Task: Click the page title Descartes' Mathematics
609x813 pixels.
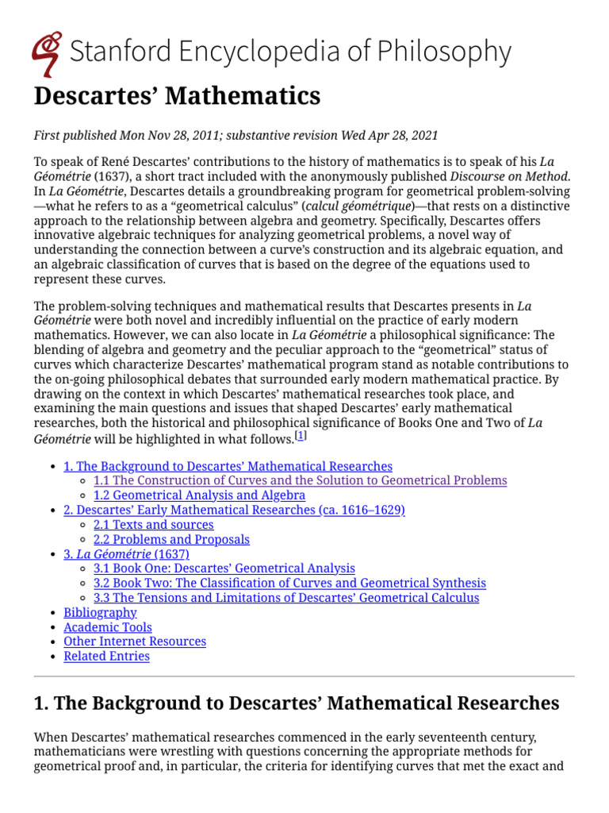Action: [x=177, y=96]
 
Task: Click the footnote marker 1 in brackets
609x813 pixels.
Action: [x=301, y=437]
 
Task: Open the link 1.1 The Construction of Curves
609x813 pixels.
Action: [x=300, y=480]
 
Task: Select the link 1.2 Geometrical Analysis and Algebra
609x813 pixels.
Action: [x=199, y=495]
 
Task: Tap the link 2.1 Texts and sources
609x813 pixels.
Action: [x=153, y=525]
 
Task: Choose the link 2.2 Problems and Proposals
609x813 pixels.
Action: [x=171, y=539]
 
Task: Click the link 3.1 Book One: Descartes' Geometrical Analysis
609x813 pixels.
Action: [x=224, y=568]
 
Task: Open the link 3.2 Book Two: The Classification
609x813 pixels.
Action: [x=289, y=583]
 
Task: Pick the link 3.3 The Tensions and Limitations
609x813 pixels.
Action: [x=285, y=597]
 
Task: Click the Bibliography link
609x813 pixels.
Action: [x=100, y=612]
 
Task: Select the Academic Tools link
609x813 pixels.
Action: [x=108, y=627]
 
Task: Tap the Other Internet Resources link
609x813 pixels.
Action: [x=135, y=642]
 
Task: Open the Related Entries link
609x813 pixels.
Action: [x=106, y=656]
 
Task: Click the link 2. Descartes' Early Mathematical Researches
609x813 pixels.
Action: [x=234, y=510]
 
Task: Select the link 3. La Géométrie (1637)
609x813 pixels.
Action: [x=125, y=554]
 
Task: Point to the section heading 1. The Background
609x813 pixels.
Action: [x=296, y=703]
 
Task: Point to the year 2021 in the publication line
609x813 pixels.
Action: [x=423, y=136]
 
